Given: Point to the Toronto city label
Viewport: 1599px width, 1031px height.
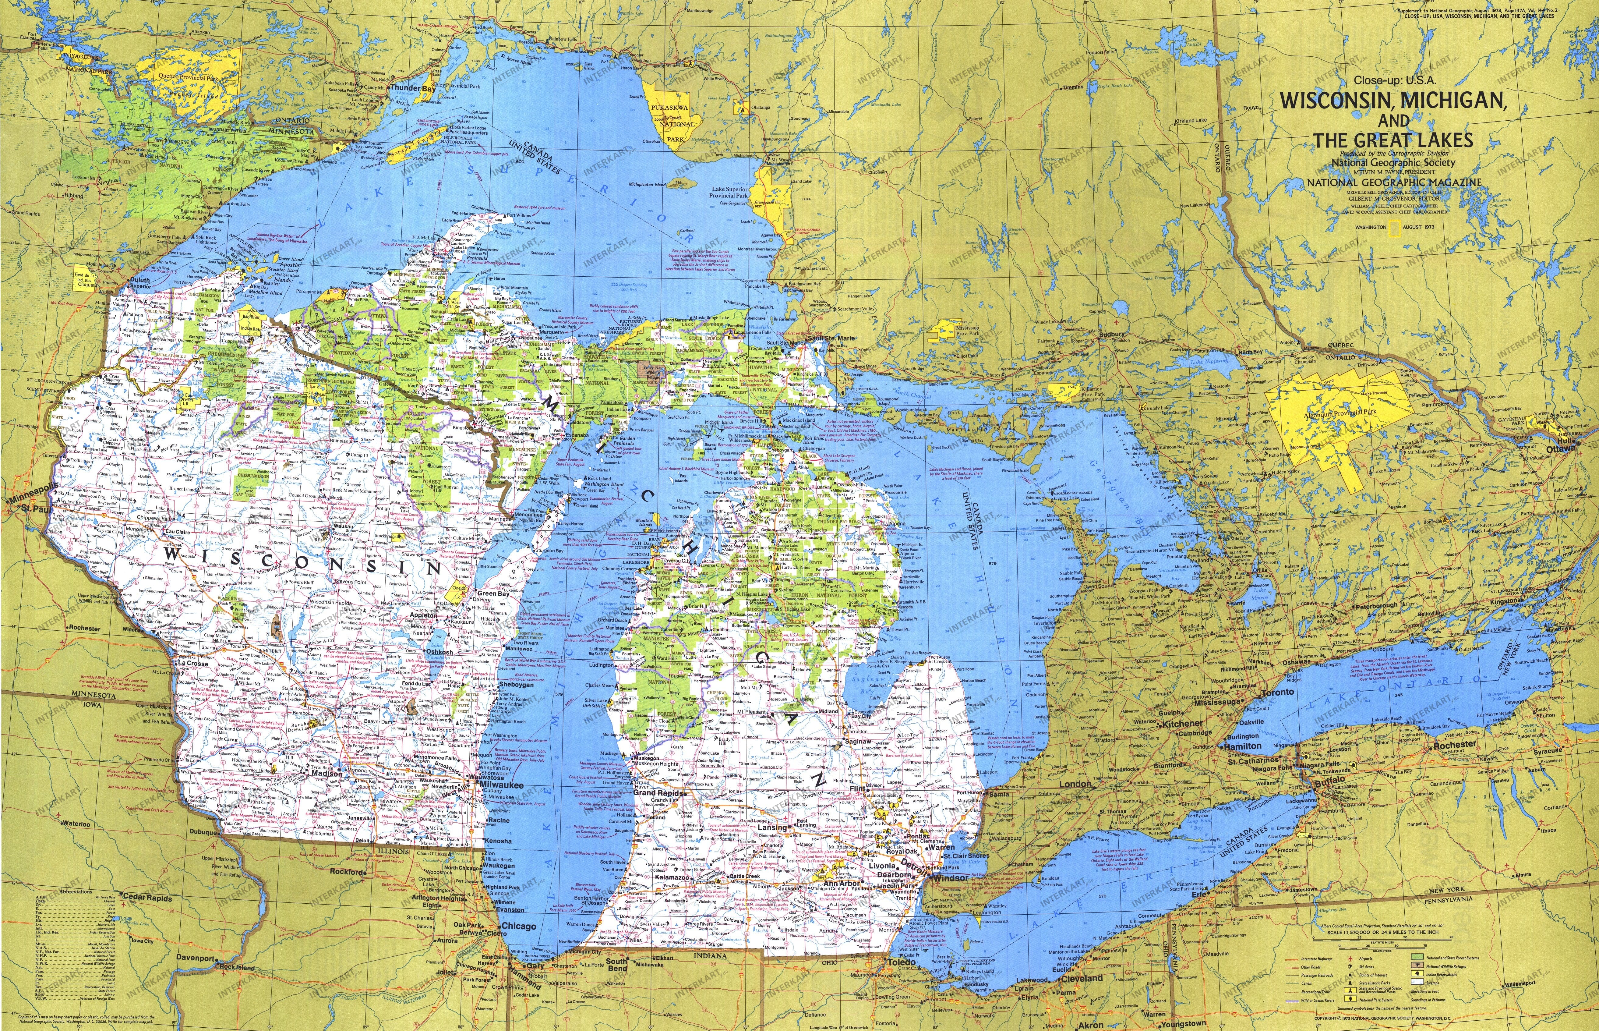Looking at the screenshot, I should click(1278, 692).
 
